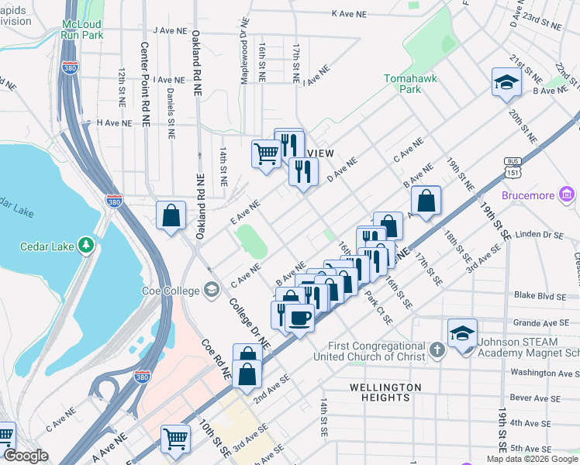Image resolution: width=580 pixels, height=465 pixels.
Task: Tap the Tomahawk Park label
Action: [x=402, y=84]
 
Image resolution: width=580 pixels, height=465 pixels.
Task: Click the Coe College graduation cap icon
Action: [x=211, y=291]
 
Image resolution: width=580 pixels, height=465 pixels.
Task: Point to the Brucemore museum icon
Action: [x=567, y=195]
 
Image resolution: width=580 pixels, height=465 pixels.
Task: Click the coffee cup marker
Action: [x=299, y=317]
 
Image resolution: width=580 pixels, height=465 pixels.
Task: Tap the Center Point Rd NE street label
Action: [x=144, y=81]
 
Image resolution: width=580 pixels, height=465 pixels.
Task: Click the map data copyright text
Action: [x=533, y=459]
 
